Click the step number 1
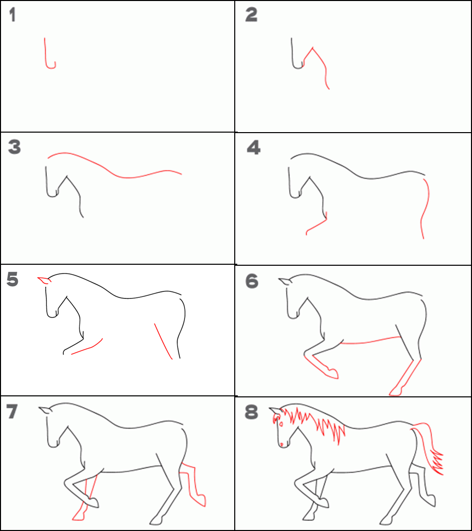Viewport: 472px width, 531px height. point(13,15)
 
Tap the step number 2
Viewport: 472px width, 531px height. point(251,15)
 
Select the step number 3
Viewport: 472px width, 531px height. point(15,147)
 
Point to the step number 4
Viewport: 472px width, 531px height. point(254,147)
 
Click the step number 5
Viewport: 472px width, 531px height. point(12,279)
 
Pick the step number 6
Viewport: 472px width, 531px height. point(252,281)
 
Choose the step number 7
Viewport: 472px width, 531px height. point(12,411)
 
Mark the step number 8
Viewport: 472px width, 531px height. point(251,412)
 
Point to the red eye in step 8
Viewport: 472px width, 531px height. point(281,424)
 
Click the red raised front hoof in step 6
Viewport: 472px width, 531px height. point(332,373)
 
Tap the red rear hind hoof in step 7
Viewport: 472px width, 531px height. point(200,500)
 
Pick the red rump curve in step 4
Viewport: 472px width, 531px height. point(425,208)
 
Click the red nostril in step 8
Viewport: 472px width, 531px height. point(281,444)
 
